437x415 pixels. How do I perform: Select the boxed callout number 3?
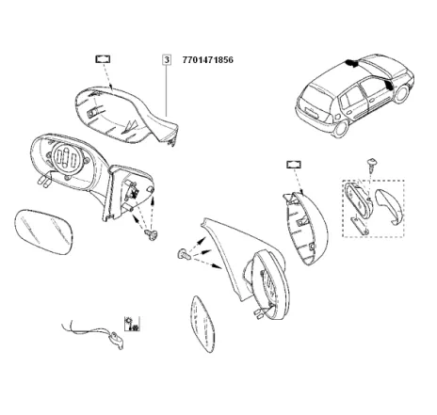[166, 59]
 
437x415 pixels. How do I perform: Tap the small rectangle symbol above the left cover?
[103, 58]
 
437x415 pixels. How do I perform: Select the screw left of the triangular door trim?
[183, 254]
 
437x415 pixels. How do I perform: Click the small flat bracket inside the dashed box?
[359, 222]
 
